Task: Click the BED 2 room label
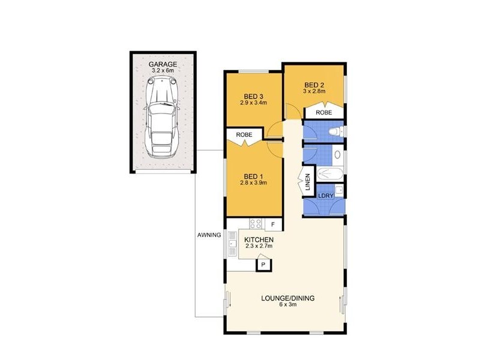314,85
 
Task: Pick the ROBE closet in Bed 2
324,112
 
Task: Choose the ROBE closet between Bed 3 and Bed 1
244,135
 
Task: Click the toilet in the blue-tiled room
335,131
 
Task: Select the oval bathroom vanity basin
337,155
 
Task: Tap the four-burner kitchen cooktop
256,224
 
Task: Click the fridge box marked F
273,224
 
